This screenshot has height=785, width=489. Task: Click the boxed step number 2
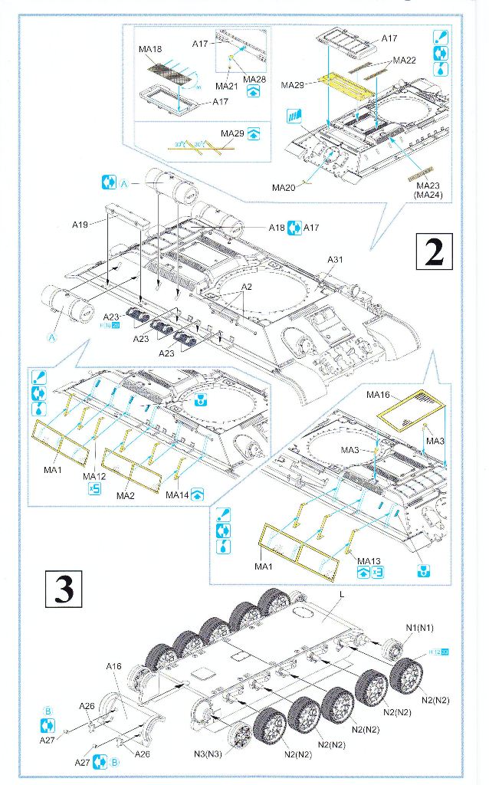point(434,252)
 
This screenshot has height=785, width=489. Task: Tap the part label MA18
point(150,49)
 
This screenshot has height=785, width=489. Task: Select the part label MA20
point(283,187)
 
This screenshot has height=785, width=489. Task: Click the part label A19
point(80,225)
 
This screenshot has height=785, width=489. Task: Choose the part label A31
point(335,259)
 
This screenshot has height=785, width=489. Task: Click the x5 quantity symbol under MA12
point(94,489)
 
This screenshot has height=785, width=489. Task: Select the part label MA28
point(254,78)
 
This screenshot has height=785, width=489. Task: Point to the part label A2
point(246,286)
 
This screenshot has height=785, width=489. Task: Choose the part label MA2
point(126,495)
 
